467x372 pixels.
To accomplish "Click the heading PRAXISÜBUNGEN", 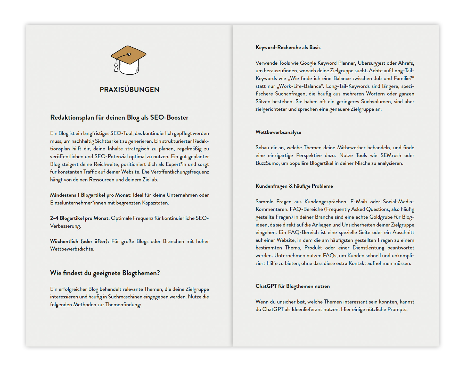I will [x=129, y=90].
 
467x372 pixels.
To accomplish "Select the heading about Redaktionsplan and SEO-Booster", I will [x=119, y=117].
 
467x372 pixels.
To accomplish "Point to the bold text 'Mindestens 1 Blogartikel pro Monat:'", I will [x=91, y=195].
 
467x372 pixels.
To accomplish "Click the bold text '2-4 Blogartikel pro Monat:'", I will [x=80, y=218].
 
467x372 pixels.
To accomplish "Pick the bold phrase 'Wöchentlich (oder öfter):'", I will [x=79, y=241].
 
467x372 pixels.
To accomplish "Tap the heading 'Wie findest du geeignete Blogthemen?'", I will [x=105, y=273].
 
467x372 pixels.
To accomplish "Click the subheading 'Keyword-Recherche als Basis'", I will [x=288, y=47].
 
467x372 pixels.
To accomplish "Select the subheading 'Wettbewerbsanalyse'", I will [x=278, y=132].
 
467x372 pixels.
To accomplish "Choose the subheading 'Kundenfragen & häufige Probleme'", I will [x=294, y=186].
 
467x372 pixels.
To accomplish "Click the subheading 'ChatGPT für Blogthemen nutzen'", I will [x=292, y=286].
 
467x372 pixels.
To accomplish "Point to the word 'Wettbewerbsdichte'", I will [x=72, y=249].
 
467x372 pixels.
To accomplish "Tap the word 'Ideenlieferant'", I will [x=307, y=309].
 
